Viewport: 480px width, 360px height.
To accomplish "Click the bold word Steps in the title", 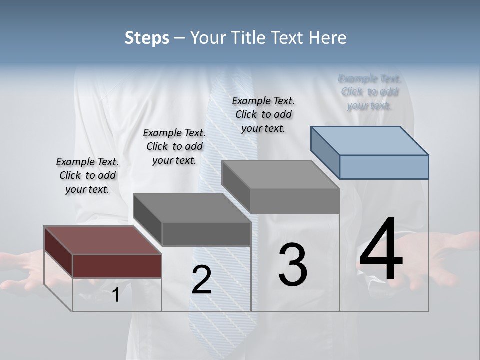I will (147, 38).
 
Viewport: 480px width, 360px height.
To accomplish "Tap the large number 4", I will (381, 250).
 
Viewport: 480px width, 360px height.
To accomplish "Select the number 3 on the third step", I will (293, 265).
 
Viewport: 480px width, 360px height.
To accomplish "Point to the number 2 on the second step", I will (201, 280).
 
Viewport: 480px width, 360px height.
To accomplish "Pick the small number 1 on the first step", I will (115, 295).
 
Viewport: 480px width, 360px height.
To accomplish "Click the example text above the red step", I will (87, 175).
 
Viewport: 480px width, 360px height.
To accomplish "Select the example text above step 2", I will (174, 146).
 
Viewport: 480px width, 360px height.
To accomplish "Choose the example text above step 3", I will (263, 114).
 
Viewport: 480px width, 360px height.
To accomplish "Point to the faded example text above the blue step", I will (369, 92).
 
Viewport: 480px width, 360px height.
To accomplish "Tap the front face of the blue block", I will (384, 167).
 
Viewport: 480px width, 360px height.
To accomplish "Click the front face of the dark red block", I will (117, 266).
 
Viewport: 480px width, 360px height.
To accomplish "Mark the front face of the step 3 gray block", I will (294, 201).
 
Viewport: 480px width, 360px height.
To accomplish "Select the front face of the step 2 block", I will (206, 234).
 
